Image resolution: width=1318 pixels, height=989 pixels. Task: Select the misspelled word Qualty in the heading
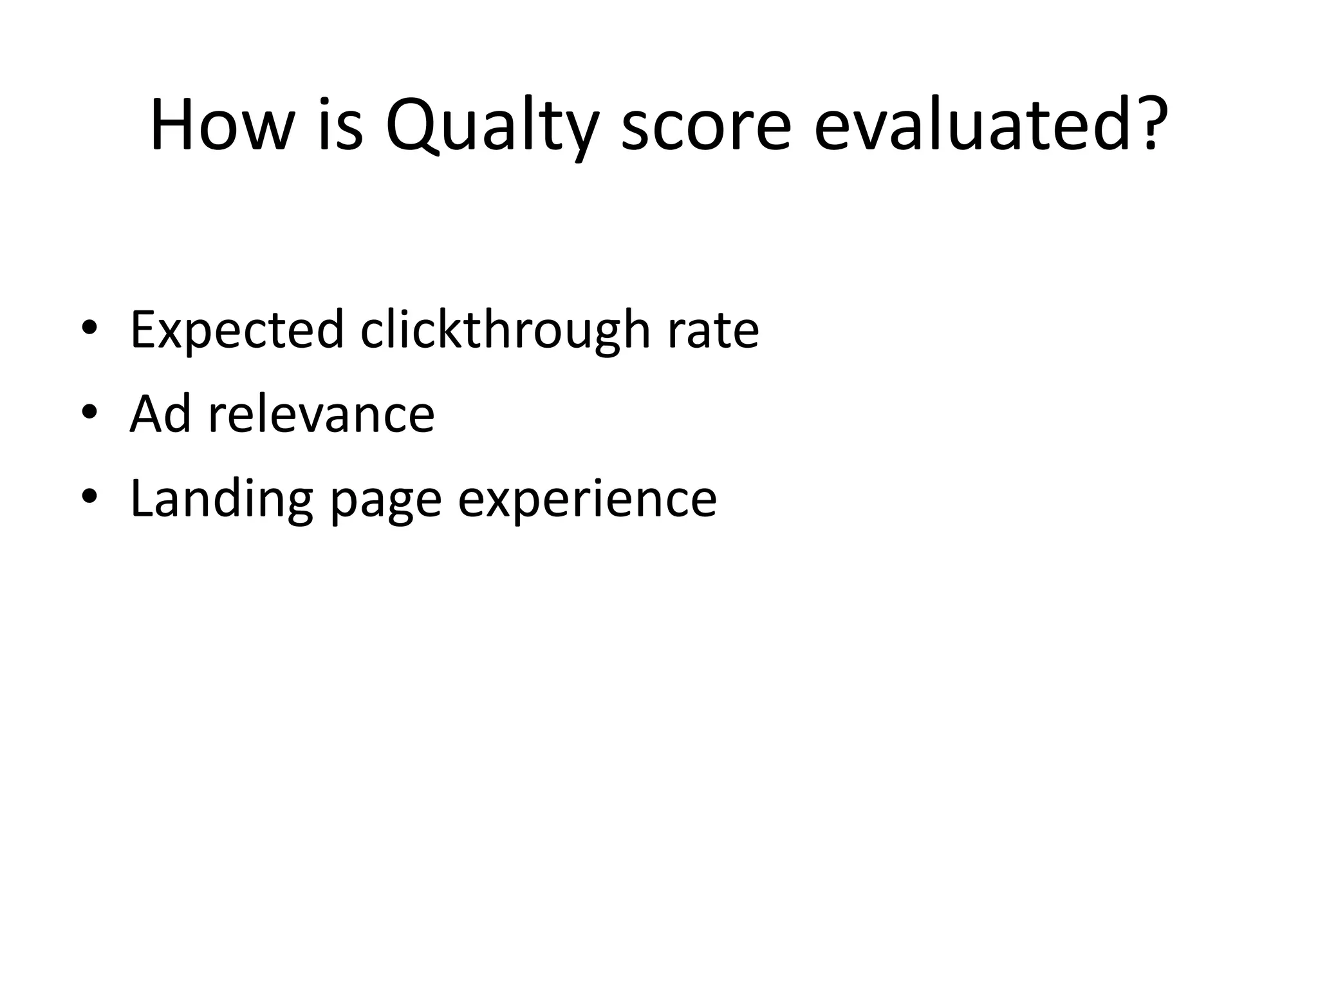point(492,126)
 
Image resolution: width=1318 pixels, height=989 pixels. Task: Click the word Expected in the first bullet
point(237,330)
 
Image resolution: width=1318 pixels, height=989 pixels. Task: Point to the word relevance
point(321,413)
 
